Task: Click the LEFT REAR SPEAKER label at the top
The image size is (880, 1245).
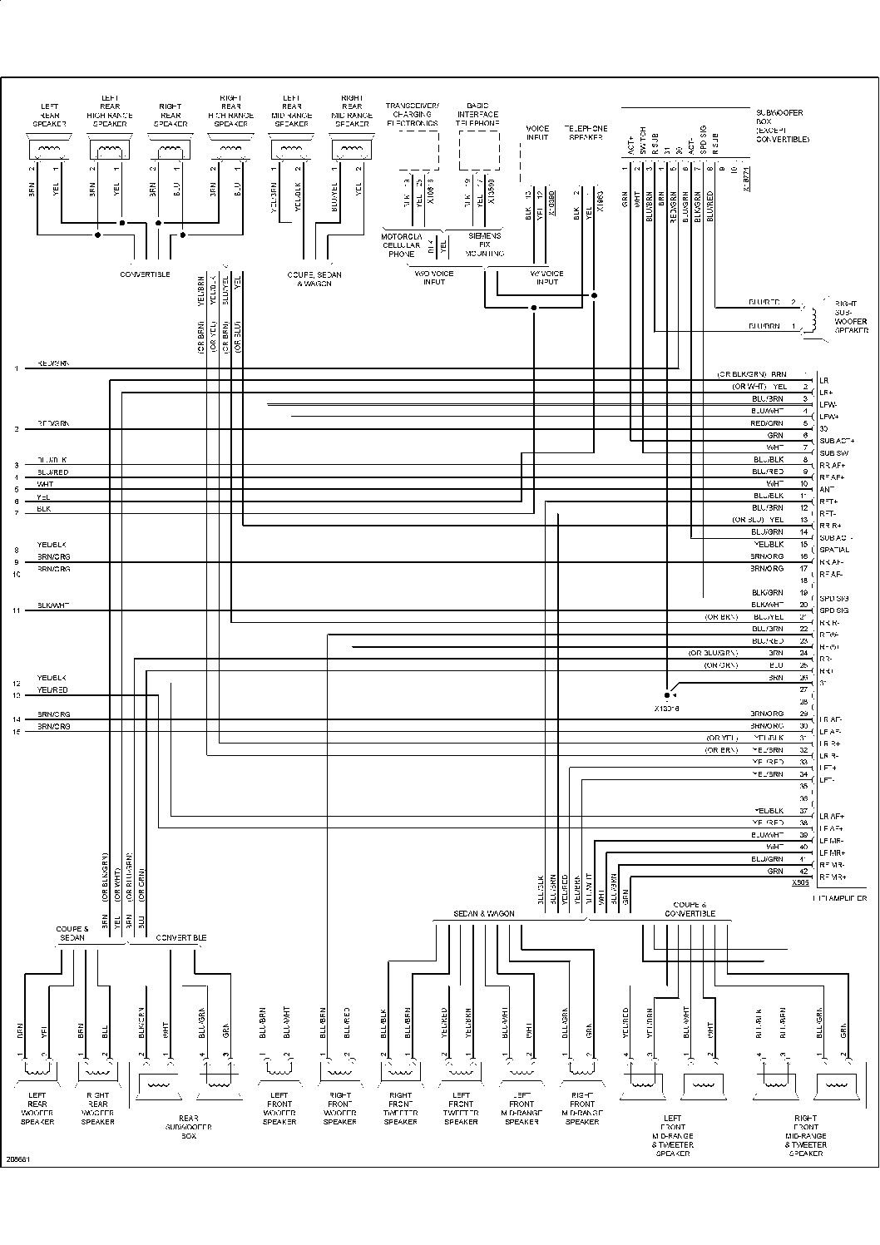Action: (x=49, y=115)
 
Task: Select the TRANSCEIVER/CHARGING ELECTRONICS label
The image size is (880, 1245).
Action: (x=412, y=115)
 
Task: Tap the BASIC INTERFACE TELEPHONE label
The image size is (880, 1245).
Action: (x=477, y=115)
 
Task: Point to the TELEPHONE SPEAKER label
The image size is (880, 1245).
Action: (x=586, y=132)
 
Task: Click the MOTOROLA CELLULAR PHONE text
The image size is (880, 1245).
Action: (x=402, y=245)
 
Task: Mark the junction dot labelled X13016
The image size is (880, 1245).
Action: (x=667, y=694)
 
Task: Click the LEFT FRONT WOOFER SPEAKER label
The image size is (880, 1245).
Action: (x=279, y=1108)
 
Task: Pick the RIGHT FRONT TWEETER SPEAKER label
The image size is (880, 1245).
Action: (x=400, y=1108)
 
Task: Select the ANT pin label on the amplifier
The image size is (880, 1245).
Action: (x=826, y=490)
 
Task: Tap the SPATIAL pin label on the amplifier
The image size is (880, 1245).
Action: (x=834, y=550)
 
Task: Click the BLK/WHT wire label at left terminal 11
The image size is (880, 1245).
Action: (x=53, y=605)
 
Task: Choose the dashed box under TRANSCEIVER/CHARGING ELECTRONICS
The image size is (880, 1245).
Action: (x=414, y=151)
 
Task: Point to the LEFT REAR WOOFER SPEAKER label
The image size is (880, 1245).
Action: (x=37, y=1108)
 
